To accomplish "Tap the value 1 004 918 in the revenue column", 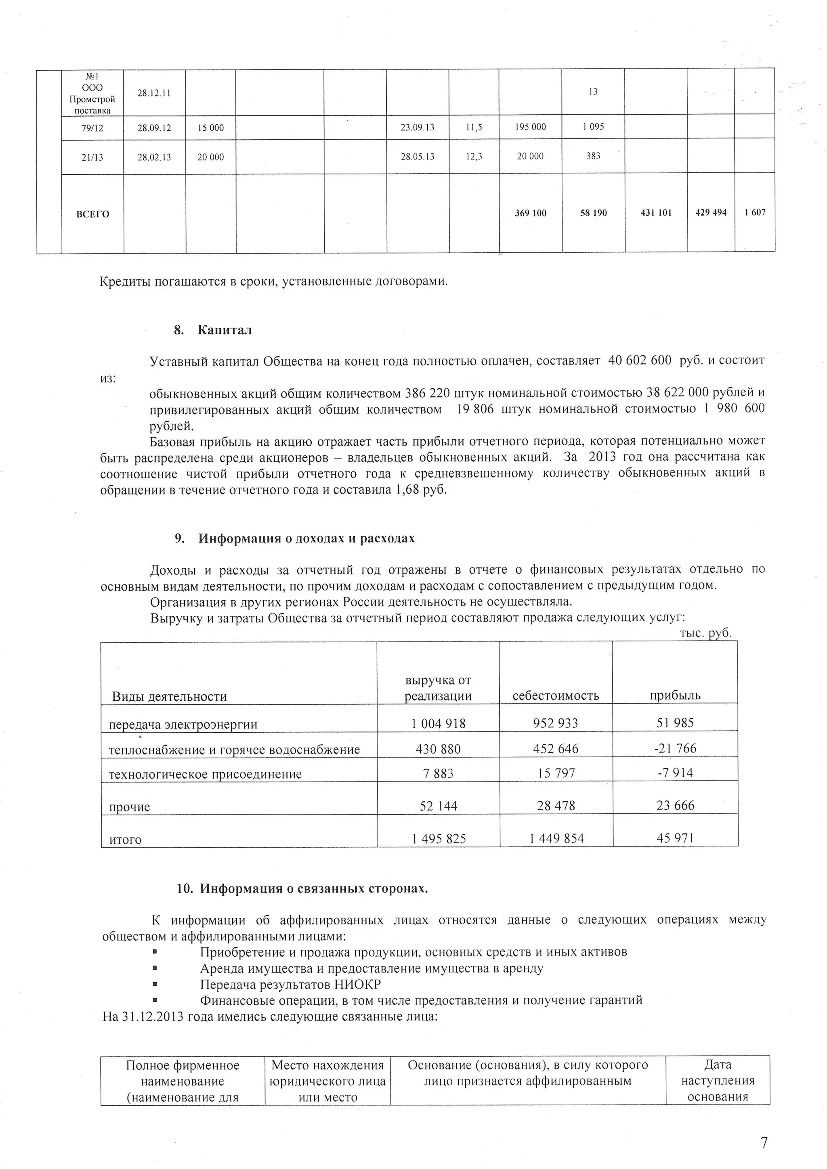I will coord(438,723).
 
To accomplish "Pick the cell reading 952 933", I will coord(556,723).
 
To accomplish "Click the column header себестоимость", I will coord(556,696).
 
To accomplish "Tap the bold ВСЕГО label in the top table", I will coord(93,214).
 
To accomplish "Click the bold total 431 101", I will coord(655,213).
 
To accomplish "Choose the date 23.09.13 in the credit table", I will coord(418,127).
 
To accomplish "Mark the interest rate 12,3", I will coord(474,157).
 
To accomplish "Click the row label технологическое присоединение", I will coord(205,774).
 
